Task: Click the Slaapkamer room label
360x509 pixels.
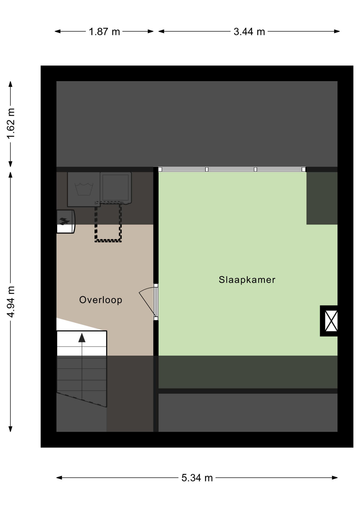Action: click(x=247, y=280)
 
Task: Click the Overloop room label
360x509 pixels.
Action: click(x=101, y=300)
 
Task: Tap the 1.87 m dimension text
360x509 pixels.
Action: click(x=104, y=32)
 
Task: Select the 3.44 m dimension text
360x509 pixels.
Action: click(x=249, y=32)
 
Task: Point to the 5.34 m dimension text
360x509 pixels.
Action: click(x=197, y=478)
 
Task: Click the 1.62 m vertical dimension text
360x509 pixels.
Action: click(x=11, y=124)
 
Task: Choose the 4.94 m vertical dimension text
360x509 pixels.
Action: click(x=11, y=302)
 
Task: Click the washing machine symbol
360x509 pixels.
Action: click(x=84, y=189)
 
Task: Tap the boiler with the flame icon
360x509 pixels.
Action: click(x=66, y=222)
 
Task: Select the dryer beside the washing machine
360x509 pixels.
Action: click(x=116, y=188)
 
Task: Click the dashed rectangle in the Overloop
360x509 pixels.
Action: click(x=108, y=222)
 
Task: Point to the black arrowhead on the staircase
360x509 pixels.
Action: click(x=82, y=338)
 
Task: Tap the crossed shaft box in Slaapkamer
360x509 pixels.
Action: click(x=329, y=321)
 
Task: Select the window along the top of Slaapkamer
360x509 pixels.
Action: click(x=232, y=169)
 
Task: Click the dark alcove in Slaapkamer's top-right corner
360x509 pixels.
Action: click(x=322, y=198)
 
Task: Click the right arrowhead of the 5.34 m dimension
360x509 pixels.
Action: click(x=335, y=478)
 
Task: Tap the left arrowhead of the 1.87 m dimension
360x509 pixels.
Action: click(x=58, y=31)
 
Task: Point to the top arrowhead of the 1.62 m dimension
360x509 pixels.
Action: click(x=11, y=84)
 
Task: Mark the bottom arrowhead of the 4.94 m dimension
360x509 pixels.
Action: click(x=11, y=429)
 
